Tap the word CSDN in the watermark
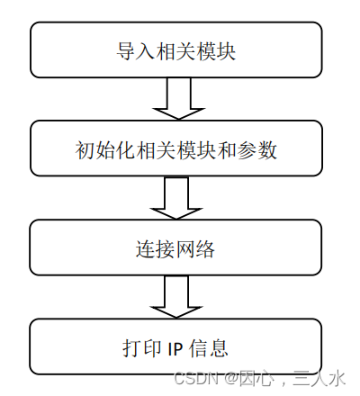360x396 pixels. tap(192, 378)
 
